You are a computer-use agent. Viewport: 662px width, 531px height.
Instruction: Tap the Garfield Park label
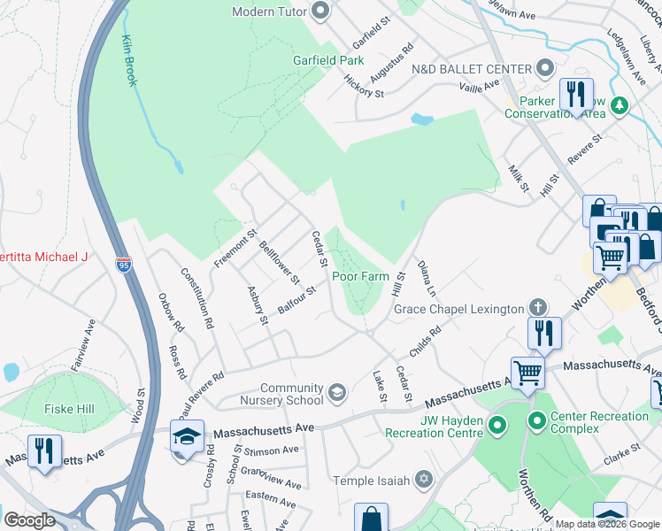(x=328, y=61)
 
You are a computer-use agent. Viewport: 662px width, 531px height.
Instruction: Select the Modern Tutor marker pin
(x=321, y=12)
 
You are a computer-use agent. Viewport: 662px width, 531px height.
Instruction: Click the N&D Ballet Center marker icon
(x=545, y=69)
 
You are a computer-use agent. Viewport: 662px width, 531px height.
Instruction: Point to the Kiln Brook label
(x=128, y=60)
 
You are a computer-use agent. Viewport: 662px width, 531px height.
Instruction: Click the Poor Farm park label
(x=360, y=276)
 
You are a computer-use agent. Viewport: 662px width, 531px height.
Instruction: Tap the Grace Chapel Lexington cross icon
(x=535, y=308)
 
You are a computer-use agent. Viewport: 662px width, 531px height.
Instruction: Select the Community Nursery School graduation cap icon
(x=336, y=391)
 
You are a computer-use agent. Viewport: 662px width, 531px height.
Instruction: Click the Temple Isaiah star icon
(x=424, y=480)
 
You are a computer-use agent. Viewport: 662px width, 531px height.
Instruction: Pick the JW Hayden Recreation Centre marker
(x=497, y=427)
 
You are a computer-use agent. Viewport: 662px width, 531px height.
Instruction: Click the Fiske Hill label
(x=70, y=409)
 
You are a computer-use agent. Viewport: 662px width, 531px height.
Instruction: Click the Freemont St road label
(x=235, y=250)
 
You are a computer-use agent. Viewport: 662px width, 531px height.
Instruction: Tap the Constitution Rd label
(x=197, y=298)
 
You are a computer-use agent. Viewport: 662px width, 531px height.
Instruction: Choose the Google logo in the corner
(x=29, y=519)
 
